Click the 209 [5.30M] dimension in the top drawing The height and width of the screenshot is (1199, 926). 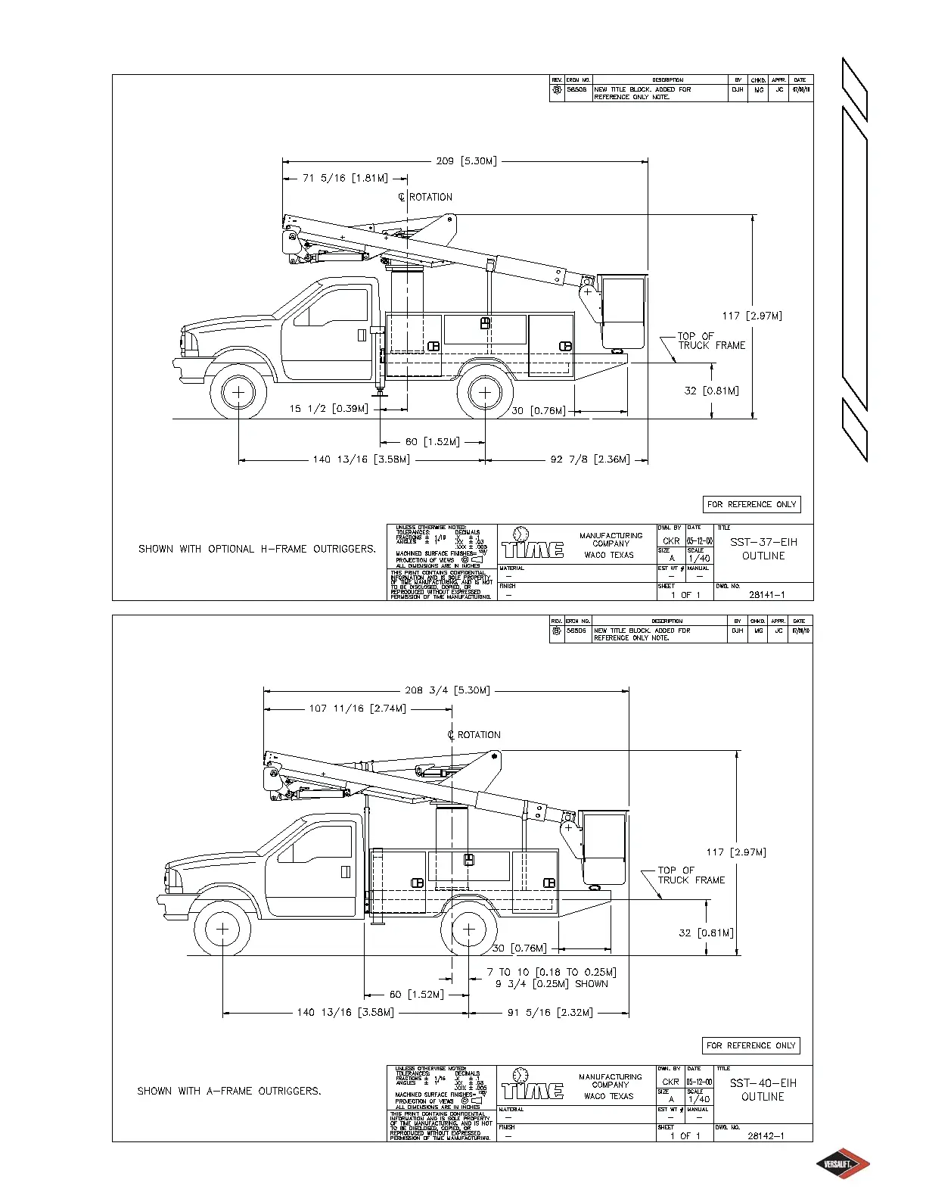click(x=466, y=161)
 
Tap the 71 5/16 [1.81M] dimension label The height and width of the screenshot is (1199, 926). click(x=345, y=179)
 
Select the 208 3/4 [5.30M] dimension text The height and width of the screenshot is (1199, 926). click(x=447, y=690)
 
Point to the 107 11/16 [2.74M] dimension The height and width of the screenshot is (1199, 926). click(x=357, y=709)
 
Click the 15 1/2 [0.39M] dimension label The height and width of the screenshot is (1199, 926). click(x=328, y=410)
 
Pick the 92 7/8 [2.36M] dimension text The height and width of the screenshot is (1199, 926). click(x=590, y=459)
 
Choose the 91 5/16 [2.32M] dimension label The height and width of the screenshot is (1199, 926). click(x=550, y=1013)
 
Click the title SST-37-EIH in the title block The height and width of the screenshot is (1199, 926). click(x=763, y=542)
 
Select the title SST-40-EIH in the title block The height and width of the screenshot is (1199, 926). click(x=763, y=1083)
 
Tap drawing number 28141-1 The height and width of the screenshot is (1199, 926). click(x=767, y=595)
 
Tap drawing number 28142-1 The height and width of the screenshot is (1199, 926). click(x=766, y=1136)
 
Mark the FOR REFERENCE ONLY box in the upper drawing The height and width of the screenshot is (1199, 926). click(x=751, y=505)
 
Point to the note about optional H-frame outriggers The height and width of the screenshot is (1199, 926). click(x=256, y=550)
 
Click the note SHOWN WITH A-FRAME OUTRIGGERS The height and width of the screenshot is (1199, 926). click(x=229, y=1092)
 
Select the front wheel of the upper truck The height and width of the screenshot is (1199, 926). click(x=238, y=392)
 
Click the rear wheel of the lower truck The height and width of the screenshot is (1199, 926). click(x=469, y=929)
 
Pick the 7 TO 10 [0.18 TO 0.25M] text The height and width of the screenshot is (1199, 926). click(x=552, y=973)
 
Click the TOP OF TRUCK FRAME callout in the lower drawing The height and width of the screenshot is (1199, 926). click(x=691, y=876)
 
